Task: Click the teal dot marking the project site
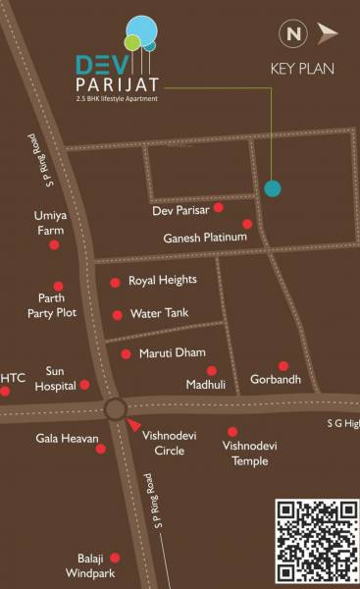coord(273,188)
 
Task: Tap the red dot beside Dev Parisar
coord(219,207)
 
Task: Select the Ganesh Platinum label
coord(202,237)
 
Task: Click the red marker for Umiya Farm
coord(54,244)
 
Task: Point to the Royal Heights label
coord(163,280)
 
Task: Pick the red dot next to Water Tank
coord(118,315)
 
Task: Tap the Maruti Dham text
coord(172,352)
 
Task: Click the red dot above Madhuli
coord(212,370)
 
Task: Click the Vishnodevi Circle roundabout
coord(115,408)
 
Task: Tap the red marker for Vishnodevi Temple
coord(232,431)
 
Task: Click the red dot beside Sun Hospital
coord(84,385)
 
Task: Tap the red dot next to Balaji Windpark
coord(115,557)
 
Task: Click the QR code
coord(315,541)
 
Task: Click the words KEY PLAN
coord(302,69)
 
